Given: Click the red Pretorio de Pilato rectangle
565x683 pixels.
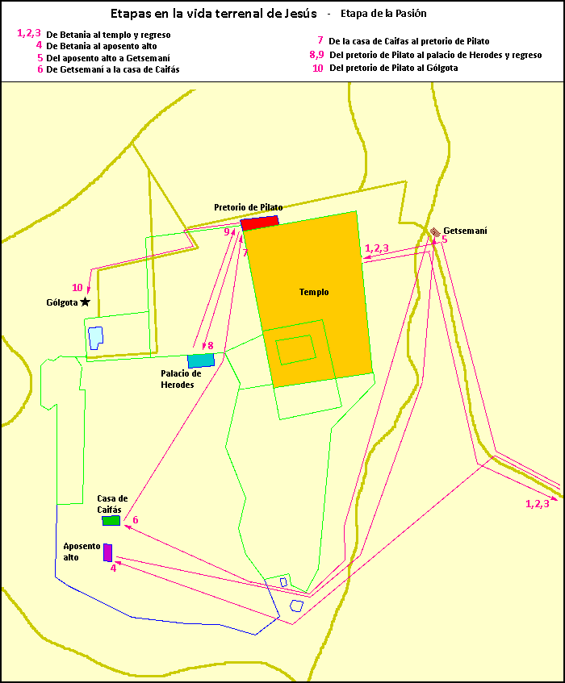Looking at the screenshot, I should [260, 223].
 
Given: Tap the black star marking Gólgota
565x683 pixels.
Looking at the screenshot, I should [85, 302].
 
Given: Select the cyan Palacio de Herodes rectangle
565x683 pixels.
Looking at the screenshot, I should [201, 360].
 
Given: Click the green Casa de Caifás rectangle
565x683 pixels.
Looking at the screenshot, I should [111, 521].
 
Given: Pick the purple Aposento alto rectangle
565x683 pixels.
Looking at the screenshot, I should [107, 552].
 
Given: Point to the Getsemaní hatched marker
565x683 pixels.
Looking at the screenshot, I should [434, 232].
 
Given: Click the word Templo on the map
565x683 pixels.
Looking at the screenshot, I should [314, 292].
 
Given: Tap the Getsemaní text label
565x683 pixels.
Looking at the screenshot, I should [465, 231].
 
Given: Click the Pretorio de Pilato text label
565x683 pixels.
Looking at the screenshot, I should [248, 207].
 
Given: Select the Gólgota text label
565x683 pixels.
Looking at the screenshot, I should [62, 303].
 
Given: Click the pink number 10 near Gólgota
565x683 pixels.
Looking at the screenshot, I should [77, 288].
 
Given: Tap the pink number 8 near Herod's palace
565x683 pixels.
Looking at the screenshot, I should [211, 346].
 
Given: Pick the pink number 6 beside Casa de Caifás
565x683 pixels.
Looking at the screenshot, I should [135, 520].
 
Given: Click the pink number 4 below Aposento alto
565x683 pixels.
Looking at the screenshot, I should [113, 568].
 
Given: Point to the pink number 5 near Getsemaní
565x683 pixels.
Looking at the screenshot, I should [444, 239].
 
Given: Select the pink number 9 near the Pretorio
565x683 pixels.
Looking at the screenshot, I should [227, 232].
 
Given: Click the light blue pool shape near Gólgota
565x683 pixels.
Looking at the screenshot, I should [95, 337].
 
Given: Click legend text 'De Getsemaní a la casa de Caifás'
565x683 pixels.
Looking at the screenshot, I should [113, 70].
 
